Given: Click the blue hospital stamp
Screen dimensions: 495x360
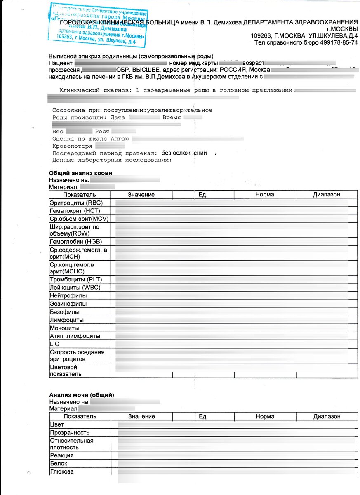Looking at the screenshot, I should (98, 23).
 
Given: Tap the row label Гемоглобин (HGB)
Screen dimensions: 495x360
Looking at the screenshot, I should (75, 242).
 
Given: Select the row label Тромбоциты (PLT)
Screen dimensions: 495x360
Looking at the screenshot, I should (75, 280).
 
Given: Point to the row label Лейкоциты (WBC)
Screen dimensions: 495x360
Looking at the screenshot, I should (75, 288).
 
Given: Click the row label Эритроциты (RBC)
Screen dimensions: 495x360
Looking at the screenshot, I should (76, 203).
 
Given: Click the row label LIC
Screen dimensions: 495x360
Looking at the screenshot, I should (54, 344).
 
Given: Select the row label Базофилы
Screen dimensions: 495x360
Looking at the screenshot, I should (65, 312).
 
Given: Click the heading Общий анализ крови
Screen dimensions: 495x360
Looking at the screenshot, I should (80, 173).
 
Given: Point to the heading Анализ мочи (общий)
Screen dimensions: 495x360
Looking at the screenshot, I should (82, 395).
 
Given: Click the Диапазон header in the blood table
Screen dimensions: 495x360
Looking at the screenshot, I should (326, 195).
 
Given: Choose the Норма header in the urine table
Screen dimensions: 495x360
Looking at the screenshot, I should (265, 417).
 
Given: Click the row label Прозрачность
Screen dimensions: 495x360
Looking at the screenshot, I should (69, 433).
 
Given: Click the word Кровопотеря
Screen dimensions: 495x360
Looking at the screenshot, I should (72, 146).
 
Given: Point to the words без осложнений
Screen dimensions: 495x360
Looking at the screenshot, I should (184, 153).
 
